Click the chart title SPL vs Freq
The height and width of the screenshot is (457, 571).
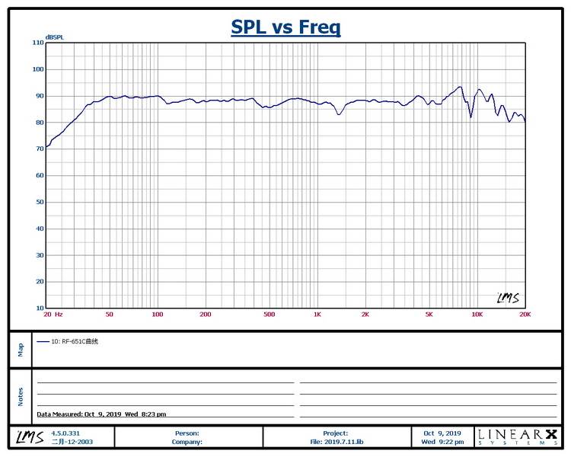(x=285, y=27)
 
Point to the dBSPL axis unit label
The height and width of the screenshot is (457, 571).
(x=54, y=37)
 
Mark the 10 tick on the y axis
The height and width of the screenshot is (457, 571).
(x=40, y=308)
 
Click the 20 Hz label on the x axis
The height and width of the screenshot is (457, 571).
(x=53, y=315)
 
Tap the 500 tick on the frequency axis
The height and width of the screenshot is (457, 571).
(x=269, y=315)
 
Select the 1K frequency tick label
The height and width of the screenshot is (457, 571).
(x=317, y=315)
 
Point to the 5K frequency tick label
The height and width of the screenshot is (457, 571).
(x=429, y=315)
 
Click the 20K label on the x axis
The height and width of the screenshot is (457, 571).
(x=524, y=315)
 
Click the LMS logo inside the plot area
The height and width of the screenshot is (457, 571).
(x=508, y=298)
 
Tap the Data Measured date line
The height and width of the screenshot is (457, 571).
(x=101, y=414)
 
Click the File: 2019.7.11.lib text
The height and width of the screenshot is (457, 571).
(x=335, y=441)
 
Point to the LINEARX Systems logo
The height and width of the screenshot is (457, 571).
(x=517, y=436)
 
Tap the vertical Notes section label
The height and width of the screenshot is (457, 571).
(x=21, y=397)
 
